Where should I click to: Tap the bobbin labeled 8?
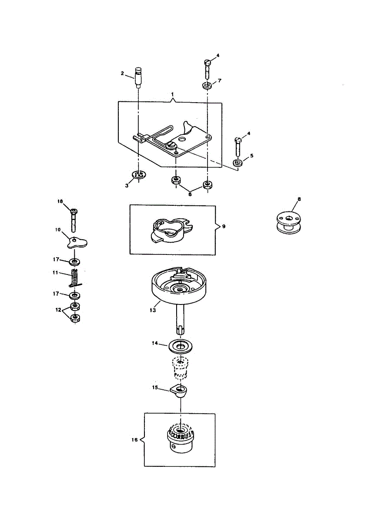click(286, 222)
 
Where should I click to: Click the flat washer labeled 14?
click(180, 347)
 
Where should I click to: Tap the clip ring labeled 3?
click(139, 175)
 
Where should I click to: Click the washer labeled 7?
click(207, 85)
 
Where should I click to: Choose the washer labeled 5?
click(238, 163)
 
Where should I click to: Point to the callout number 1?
click(172, 94)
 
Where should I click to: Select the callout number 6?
click(190, 195)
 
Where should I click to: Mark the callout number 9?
click(224, 227)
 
